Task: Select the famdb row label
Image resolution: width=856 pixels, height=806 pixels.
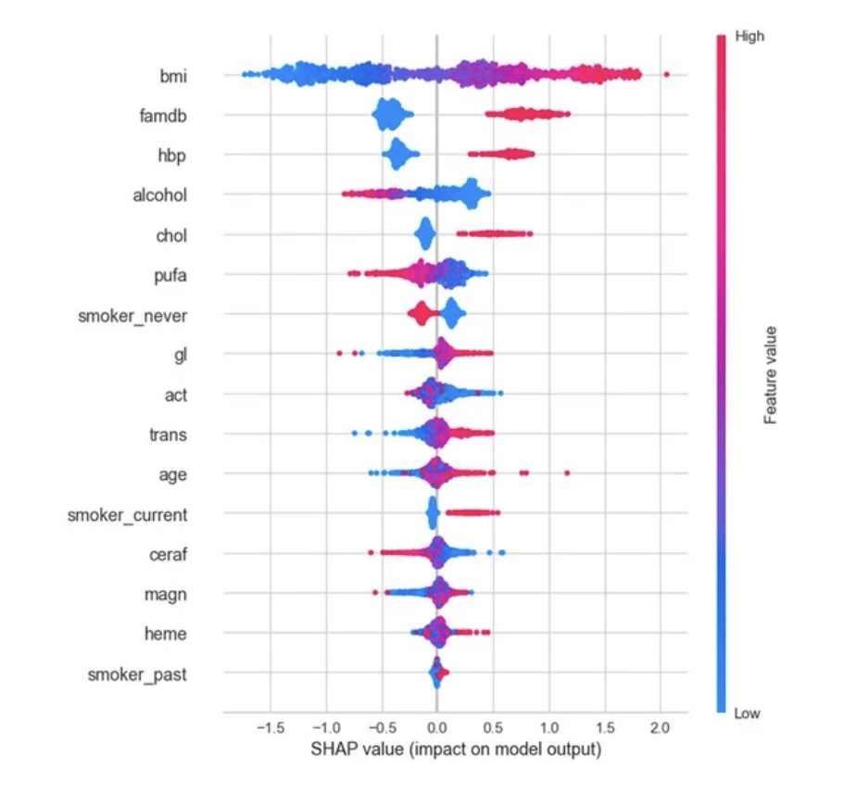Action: pyautogui.click(x=165, y=116)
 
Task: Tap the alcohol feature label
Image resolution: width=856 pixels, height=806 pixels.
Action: pyautogui.click(x=160, y=195)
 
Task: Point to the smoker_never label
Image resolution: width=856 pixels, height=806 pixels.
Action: pyautogui.click(x=132, y=316)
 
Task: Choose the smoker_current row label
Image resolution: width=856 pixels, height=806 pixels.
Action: pyautogui.click(x=127, y=514)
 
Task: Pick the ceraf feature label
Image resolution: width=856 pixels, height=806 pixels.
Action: pyautogui.click(x=168, y=554)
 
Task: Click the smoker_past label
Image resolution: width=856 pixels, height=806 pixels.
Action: pyautogui.click(x=137, y=674)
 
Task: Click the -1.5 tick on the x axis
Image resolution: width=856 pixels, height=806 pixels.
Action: pyautogui.click(x=269, y=727)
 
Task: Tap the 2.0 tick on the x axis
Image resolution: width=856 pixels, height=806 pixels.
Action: pyautogui.click(x=660, y=727)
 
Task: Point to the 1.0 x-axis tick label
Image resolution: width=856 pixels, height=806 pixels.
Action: pyautogui.click(x=548, y=727)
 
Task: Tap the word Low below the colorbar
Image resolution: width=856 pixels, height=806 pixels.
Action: pyautogui.click(x=746, y=713)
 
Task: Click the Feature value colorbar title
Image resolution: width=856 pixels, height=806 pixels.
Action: pyautogui.click(x=770, y=374)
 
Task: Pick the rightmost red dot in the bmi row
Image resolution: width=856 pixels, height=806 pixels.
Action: pyautogui.click(x=666, y=74)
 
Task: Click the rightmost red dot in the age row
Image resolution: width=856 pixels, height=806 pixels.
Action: pyautogui.click(x=567, y=473)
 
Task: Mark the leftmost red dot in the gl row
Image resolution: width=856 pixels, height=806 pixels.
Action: pyautogui.click(x=339, y=353)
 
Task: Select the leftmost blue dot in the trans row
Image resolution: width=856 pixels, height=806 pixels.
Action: pyautogui.click(x=355, y=433)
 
